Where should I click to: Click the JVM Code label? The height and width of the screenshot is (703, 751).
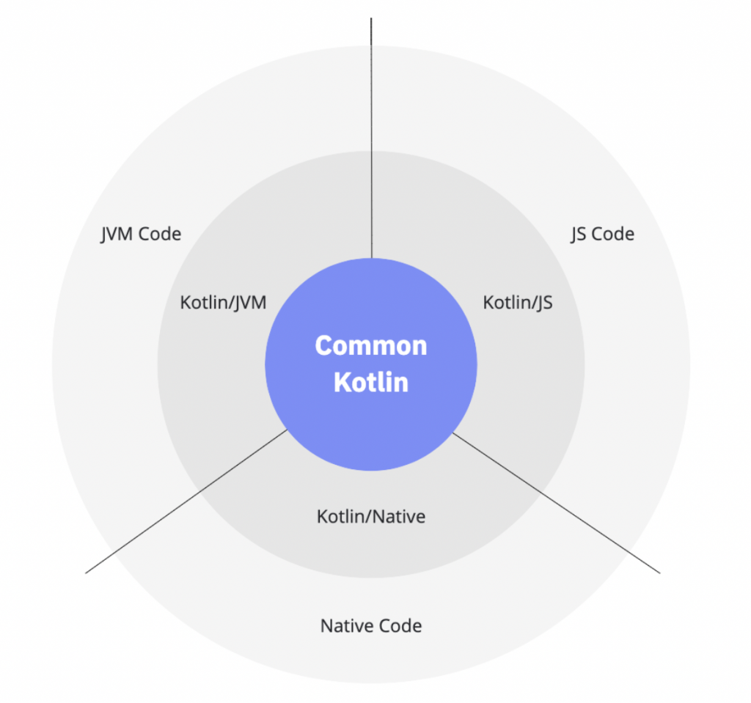tap(141, 235)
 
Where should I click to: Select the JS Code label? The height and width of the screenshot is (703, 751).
tap(602, 235)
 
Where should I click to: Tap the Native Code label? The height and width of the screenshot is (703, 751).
tap(371, 626)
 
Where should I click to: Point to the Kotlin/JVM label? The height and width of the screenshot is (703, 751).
tap(223, 302)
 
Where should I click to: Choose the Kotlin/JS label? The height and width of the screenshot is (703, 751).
tap(518, 302)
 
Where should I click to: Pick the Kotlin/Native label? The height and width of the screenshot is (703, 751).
tap(371, 516)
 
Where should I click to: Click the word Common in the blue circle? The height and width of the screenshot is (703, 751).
tap(371, 345)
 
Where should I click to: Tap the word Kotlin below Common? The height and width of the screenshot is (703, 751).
tap(371, 382)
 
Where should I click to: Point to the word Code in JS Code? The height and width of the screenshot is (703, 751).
tap(613, 235)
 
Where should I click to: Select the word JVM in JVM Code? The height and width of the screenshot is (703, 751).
tap(119, 235)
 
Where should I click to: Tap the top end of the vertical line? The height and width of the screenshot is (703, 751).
tap(371, 19)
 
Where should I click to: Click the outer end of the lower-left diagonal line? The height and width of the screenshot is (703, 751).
tap(87, 572)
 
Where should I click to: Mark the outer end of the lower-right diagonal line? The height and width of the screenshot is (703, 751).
tap(659, 572)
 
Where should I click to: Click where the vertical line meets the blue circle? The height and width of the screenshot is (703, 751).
tap(371, 258)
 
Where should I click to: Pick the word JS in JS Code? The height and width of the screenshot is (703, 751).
tap(579, 235)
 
